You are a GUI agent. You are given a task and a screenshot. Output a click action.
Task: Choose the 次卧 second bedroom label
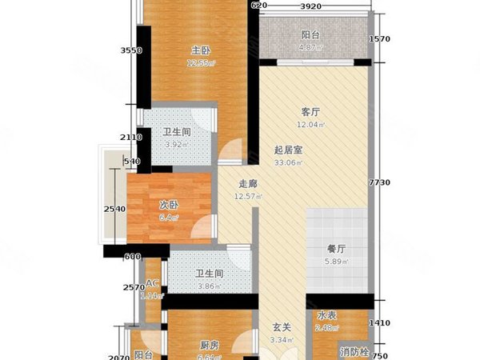click(x=167, y=204)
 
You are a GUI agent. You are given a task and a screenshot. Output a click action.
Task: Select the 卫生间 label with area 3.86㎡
click(x=209, y=274)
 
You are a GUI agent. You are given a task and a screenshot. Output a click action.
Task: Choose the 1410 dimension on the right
click(x=381, y=324)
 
